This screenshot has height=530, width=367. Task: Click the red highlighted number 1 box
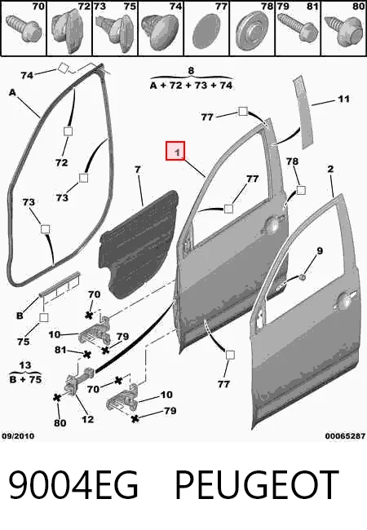pyautogui.click(x=175, y=151)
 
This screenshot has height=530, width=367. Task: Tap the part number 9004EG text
pyautogui.click(x=73, y=484)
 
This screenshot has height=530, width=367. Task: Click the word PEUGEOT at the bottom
pyautogui.click(x=257, y=484)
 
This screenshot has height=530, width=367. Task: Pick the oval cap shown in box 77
pyautogui.click(x=206, y=32)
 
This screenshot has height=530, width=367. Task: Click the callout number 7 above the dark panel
pyautogui.click(x=138, y=170)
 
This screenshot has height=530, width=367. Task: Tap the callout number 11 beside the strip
pyautogui.click(x=343, y=99)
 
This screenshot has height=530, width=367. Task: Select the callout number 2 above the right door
pyautogui.click(x=330, y=169)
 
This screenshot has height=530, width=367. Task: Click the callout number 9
pyautogui.click(x=320, y=251)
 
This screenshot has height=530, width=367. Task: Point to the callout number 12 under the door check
pyautogui.click(x=87, y=419)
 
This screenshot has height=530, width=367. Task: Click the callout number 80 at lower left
pyautogui.click(x=60, y=423)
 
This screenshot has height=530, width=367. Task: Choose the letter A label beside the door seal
pyautogui.click(x=12, y=92)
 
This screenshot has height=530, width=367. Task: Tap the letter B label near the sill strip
pyautogui.click(x=20, y=316)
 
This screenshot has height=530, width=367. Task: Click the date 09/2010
pyautogui.click(x=18, y=436)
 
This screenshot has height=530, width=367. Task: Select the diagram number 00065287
pyautogui.click(x=345, y=436)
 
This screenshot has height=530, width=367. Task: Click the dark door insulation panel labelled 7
pyautogui.click(x=139, y=244)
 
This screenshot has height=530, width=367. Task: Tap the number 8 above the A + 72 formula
pyautogui.click(x=191, y=71)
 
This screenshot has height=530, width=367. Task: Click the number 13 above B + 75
pyautogui.click(x=25, y=365)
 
